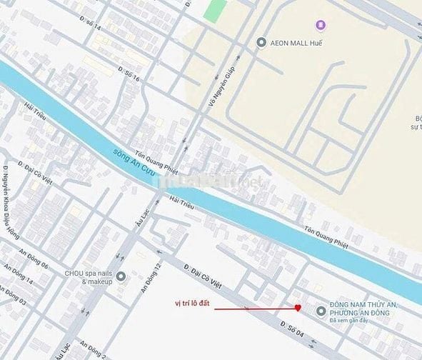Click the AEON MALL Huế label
(x=296, y=42)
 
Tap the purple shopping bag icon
(x=320, y=26)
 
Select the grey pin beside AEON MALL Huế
(x=261, y=42)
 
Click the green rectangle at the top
(x=215, y=9)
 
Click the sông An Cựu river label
(x=134, y=158)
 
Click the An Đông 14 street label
(x=19, y=277)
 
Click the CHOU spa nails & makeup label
(x=88, y=276)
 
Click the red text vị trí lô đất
(x=194, y=303)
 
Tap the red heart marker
(x=298, y=308)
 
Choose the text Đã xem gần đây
(x=353, y=324)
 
